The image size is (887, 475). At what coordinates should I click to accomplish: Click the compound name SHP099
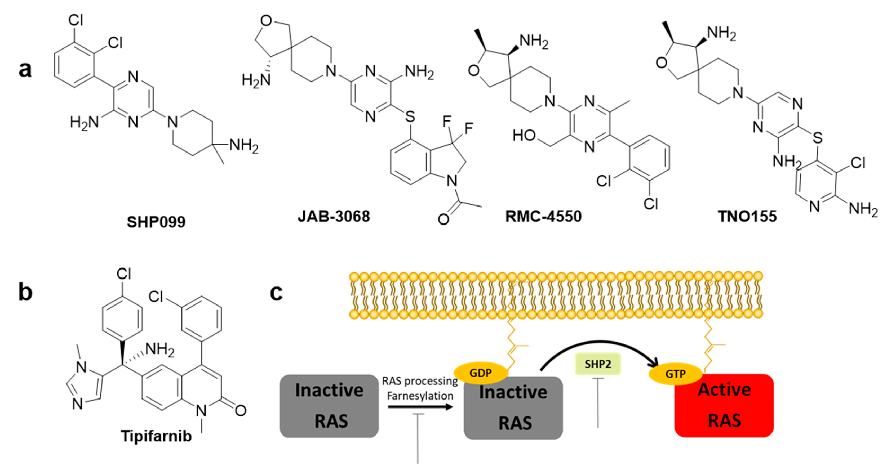[x=156, y=222]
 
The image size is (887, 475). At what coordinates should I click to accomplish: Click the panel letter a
[x=25, y=70]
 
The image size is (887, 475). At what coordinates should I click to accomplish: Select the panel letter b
[x=25, y=292]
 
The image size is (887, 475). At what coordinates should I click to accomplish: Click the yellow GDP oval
[x=481, y=373]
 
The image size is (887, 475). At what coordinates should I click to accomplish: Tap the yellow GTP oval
[x=675, y=373]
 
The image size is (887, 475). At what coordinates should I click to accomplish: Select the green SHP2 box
[x=598, y=364]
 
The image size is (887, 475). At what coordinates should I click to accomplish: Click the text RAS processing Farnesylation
[x=420, y=388]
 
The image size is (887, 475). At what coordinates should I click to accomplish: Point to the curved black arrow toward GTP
[x=599, y=344]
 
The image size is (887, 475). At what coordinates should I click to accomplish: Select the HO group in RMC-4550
[x=524, y=136]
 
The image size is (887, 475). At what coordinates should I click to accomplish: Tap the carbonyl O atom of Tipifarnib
[x=240, y=410]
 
